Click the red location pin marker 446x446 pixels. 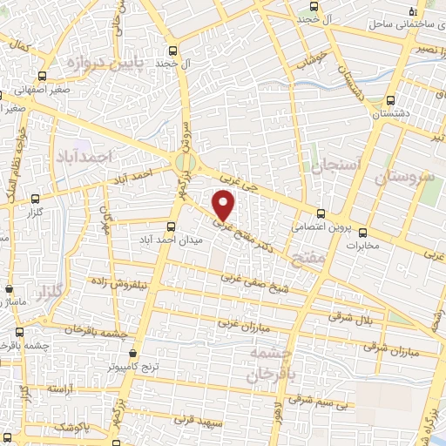(x=225, y=205)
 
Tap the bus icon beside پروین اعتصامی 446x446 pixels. (x=321, y=213)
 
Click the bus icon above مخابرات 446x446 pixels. (x=363, y=233)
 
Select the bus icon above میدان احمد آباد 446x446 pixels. (x=169, y=226)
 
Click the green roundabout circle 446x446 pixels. (x=185, y=162)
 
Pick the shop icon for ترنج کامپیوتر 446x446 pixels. (x=132, y=354)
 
